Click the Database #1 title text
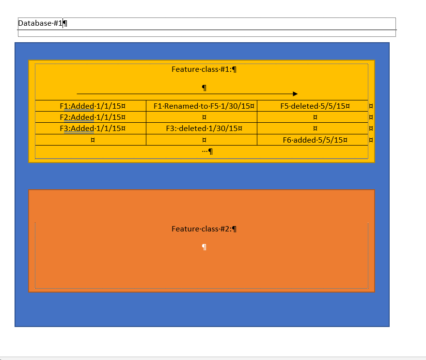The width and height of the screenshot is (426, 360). tap(40, 23)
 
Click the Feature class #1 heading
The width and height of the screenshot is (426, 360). tap(202, 69)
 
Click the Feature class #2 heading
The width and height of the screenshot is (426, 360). tap(202, 229)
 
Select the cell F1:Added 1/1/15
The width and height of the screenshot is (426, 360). tap(91, 106)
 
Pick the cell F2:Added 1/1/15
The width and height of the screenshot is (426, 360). tap(91, 117)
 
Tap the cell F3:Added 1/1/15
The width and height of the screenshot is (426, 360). tap(91, 129)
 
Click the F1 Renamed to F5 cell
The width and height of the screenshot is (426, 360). tap(202, 106)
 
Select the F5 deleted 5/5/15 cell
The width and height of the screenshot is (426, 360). tap(313, 106)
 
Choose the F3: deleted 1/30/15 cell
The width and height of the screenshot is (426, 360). tap(202, 129)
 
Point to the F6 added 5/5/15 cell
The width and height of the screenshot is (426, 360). tap(313, 140)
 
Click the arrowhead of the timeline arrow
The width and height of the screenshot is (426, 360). tap(295, 94)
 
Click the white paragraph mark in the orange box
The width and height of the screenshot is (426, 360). tap(204, 247)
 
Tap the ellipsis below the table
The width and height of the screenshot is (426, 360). tap(205, 151)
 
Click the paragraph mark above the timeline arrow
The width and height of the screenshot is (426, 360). tap(204, 88)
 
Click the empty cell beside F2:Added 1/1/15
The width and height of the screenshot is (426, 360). tap(202, 117)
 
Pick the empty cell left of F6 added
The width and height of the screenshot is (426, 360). tap(202, 140)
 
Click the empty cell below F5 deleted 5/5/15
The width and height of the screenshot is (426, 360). tap(313, 117)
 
